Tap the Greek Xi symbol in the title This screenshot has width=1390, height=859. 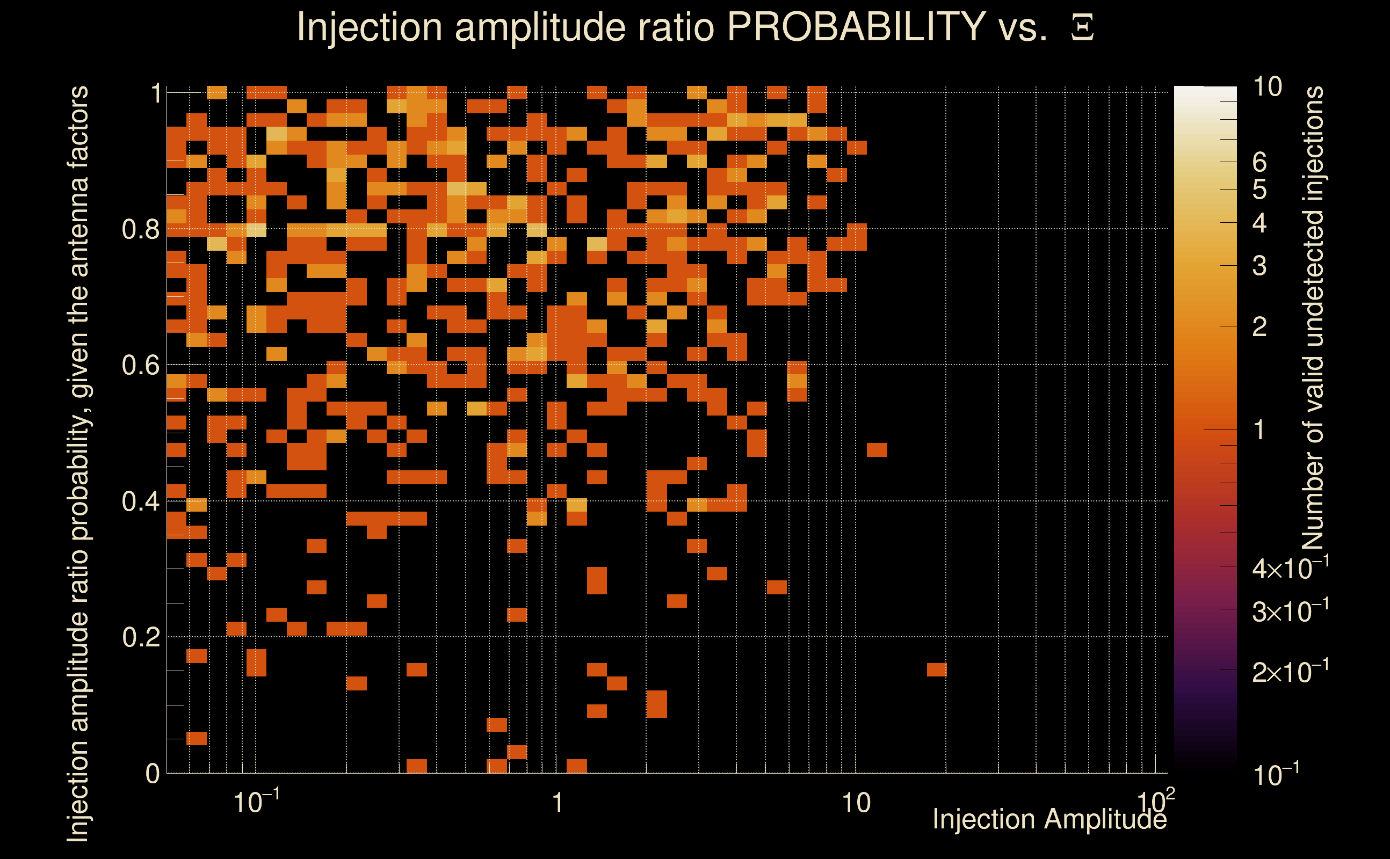point(1082,28)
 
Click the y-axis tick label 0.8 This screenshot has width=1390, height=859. point(141,230)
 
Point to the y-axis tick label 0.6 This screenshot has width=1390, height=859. point(141,365)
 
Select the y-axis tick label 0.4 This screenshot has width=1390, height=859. point(141,501)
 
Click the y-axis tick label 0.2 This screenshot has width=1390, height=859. point(141,637)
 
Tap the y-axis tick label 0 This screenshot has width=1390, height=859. point(153,774)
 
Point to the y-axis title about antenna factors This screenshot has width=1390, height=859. point(78,463)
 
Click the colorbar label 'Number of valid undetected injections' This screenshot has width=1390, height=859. point(1313,318)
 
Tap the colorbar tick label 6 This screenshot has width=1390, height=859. point(1259,163)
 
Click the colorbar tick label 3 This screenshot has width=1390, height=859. point(1259,266)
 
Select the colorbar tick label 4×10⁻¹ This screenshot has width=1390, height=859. point(1290,568)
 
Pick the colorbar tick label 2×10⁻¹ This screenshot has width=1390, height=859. point(1290,672)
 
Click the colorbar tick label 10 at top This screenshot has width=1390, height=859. point(1267,87)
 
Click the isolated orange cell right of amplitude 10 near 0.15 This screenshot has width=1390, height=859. point(937,670)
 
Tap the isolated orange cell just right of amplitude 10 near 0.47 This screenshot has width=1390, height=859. point(877,450)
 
